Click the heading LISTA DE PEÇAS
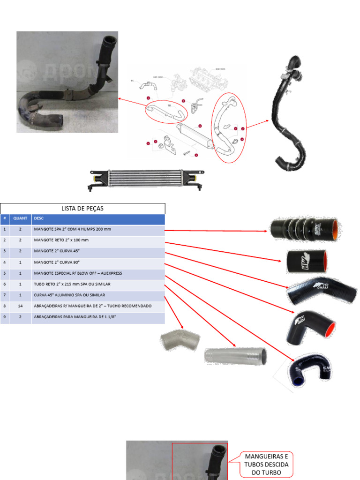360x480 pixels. [x=82, y=208]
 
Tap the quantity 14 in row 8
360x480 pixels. [x=20, y=306]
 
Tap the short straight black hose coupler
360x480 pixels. [x=307, y=261]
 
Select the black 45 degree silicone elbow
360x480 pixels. [x=321, y=290]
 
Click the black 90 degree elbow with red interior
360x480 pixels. [x=310, y=327]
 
